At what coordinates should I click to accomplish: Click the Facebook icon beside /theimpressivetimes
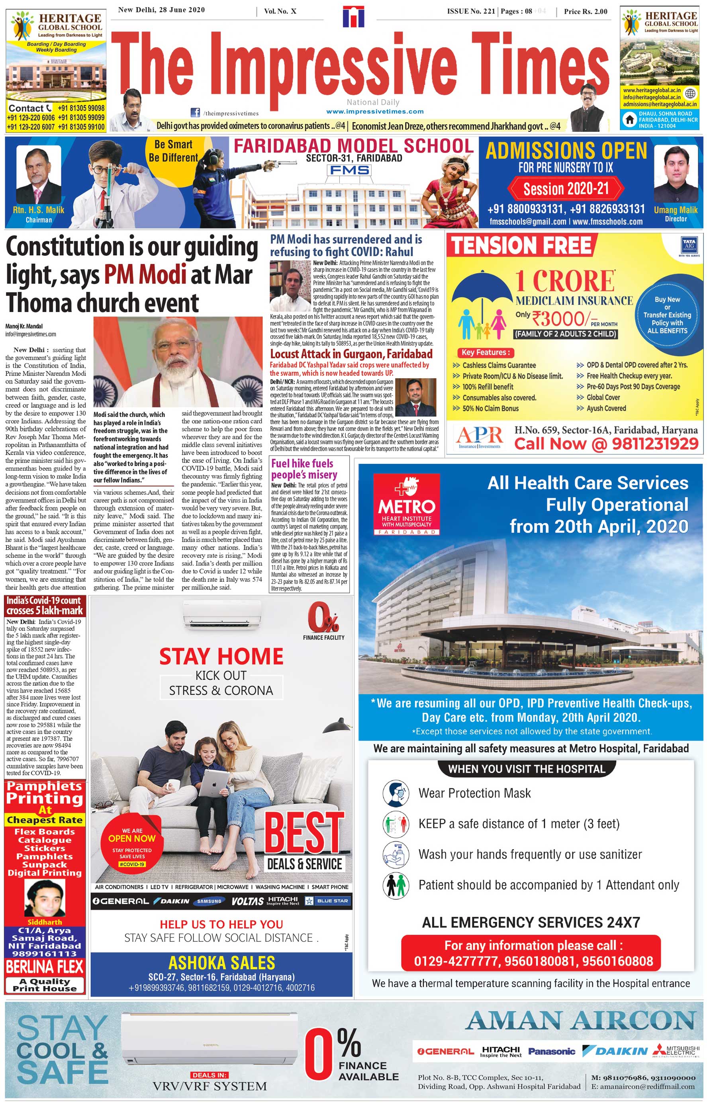click(195, 112)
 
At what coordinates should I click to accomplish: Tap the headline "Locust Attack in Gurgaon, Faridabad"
click(351, 354)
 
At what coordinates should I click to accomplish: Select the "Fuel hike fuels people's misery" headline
click(304, 469)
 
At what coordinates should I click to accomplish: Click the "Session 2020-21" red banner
click(566, 189)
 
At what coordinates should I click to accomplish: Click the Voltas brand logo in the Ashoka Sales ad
click(247, 901)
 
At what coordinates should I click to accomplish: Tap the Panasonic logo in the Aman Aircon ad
click(551, 1051)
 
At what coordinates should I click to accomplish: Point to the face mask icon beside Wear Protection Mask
click(396, 794)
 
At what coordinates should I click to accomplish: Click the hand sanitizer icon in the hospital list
click(396, 855)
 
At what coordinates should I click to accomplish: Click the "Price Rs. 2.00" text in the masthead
click(586, 12)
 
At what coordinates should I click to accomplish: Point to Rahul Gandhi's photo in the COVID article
click(290, 286)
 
